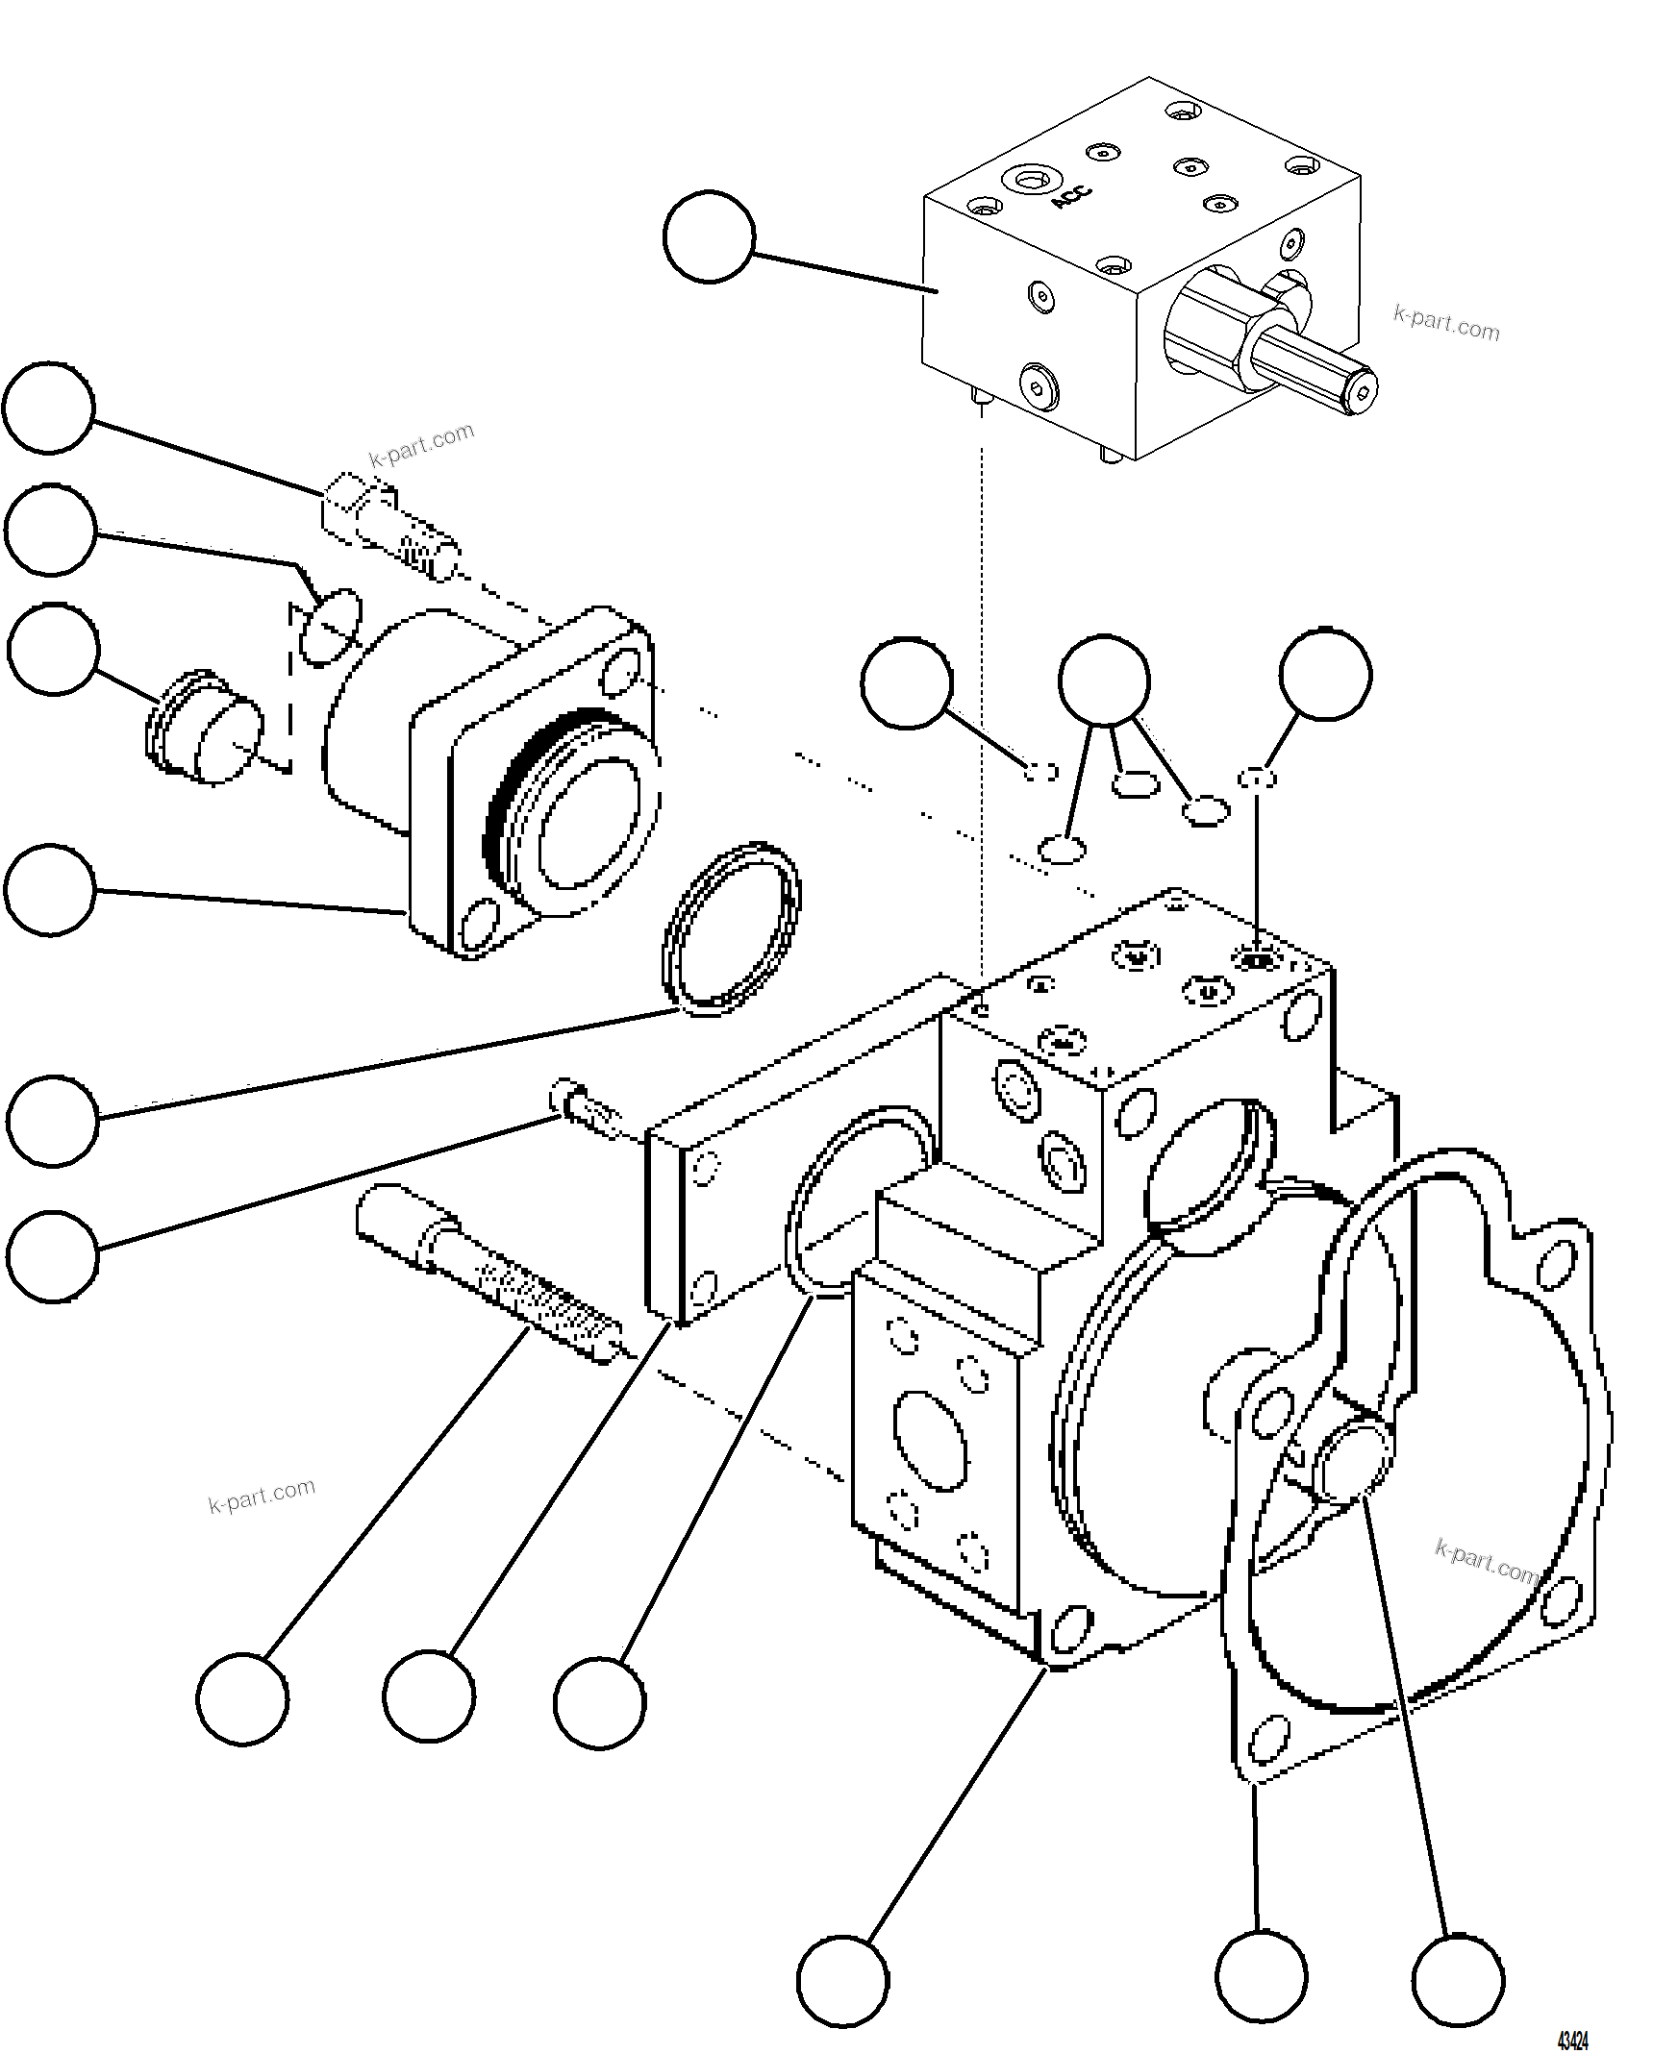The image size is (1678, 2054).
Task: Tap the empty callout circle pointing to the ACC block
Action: pos(709,236)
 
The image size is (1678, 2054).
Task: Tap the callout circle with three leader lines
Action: pos(1104,681)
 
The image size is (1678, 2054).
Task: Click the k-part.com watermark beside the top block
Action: pos(1446,323)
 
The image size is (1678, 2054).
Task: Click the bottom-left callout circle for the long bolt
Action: pos(242,1698)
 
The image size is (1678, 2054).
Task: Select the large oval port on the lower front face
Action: pos(930,1441)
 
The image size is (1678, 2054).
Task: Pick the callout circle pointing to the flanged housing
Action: pos(50,890)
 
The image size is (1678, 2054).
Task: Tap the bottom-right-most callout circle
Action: pos(1458,1980)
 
